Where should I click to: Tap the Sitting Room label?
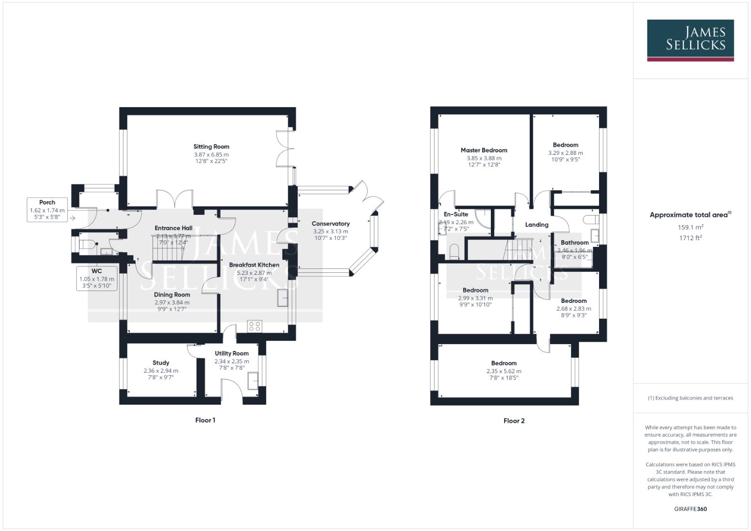[x=211, y=147]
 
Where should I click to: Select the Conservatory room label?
[x=330, y=224]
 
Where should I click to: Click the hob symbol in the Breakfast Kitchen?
[x=255, y=326]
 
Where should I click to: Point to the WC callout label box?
[x=96, y=278]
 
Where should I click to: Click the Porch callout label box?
[x=47, y=210]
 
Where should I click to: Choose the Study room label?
[x=161, y=363]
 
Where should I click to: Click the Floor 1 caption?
[x=205, y=420]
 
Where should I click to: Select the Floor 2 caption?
[x=514, y=421]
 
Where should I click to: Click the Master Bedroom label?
[x=484, y=150]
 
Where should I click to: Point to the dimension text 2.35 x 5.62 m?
[x=504, y=371]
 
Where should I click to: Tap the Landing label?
[x=537, y=225]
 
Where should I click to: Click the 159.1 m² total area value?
[x=691, y=227]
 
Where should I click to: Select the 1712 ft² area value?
[x=691, y=237]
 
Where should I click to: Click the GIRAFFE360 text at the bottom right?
[x=690, y=509]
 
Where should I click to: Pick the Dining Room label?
[x=172, y=295]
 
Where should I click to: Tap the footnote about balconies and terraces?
[x=690, y=398]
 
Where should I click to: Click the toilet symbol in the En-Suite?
[x=454, y=252]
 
